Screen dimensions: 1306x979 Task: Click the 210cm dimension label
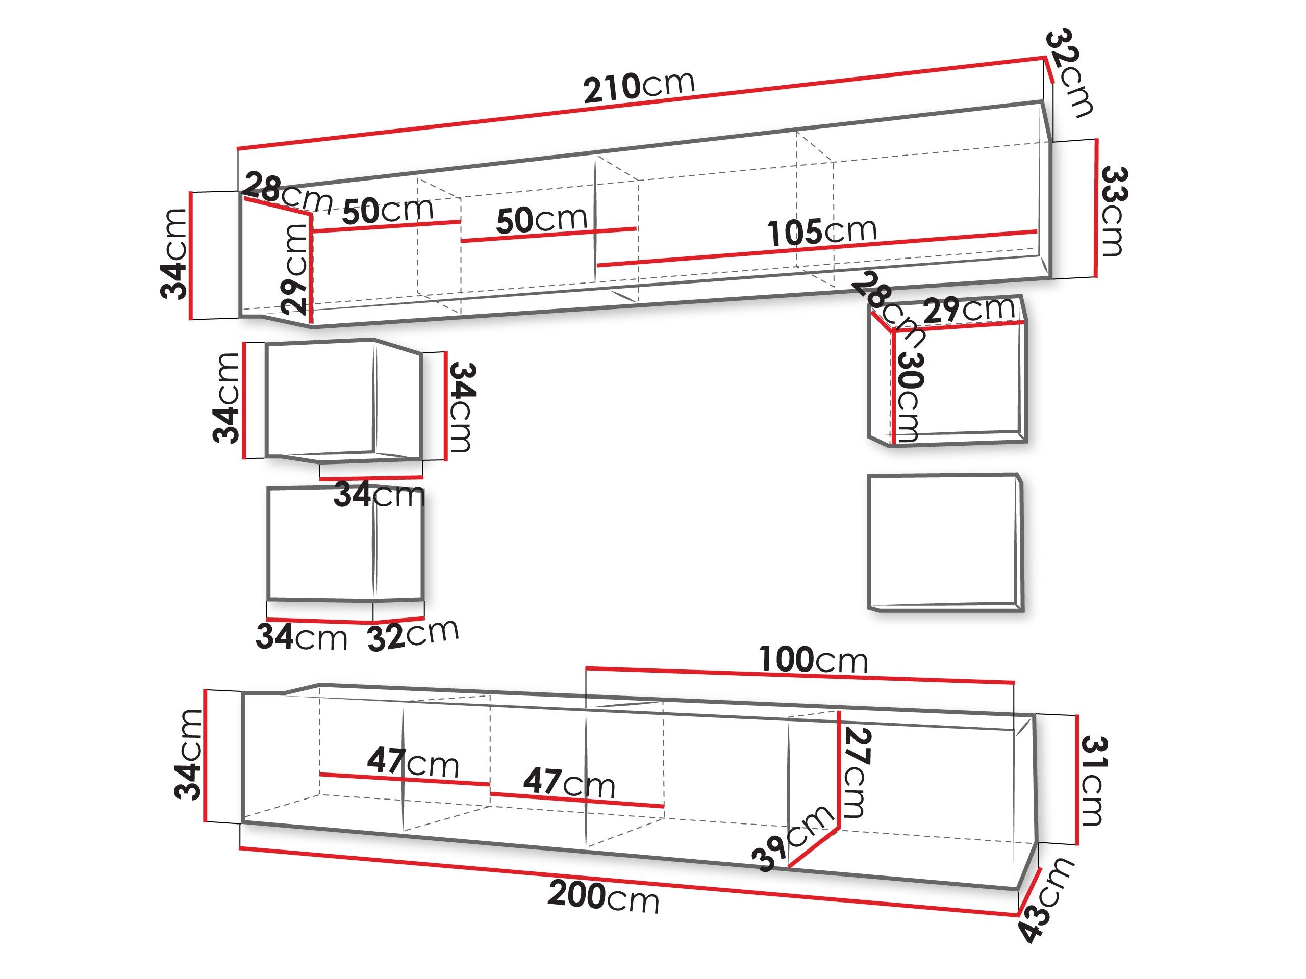point(639,87)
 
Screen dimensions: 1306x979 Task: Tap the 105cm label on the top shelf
point(822,231)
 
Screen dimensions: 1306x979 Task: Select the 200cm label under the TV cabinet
point(603,896)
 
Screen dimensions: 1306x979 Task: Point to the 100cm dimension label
point(813,660)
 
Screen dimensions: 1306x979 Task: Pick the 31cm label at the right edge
point(1093,781)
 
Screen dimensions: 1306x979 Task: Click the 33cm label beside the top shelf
point(1113,211)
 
